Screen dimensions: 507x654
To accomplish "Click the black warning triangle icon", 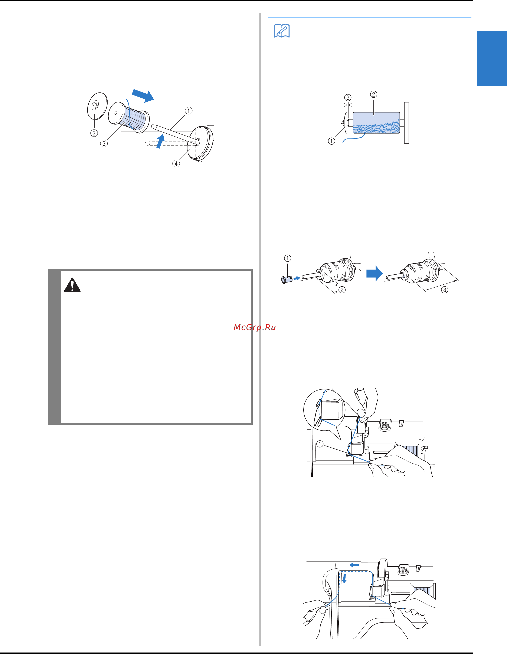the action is (x=72, y=285).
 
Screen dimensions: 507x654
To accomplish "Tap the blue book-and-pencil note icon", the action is (x=281, y=30).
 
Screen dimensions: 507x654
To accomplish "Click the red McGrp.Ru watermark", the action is (x=255, y=327).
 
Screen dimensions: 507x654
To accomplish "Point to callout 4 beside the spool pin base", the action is (x=176, y=164).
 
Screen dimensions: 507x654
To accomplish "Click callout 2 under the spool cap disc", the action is (x=94, y=133).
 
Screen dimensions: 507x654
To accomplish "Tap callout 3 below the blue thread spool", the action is (x=104, y=143).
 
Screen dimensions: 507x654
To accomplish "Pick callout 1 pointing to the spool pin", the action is (x=188, y=111).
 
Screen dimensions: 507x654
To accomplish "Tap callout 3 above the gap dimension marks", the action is (x=348, y=98).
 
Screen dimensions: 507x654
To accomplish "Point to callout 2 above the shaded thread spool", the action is (x=373, y=94).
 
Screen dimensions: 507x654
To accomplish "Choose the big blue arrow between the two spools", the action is (x=374, y=273).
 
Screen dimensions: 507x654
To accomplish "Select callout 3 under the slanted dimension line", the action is (x=445, y=290).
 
